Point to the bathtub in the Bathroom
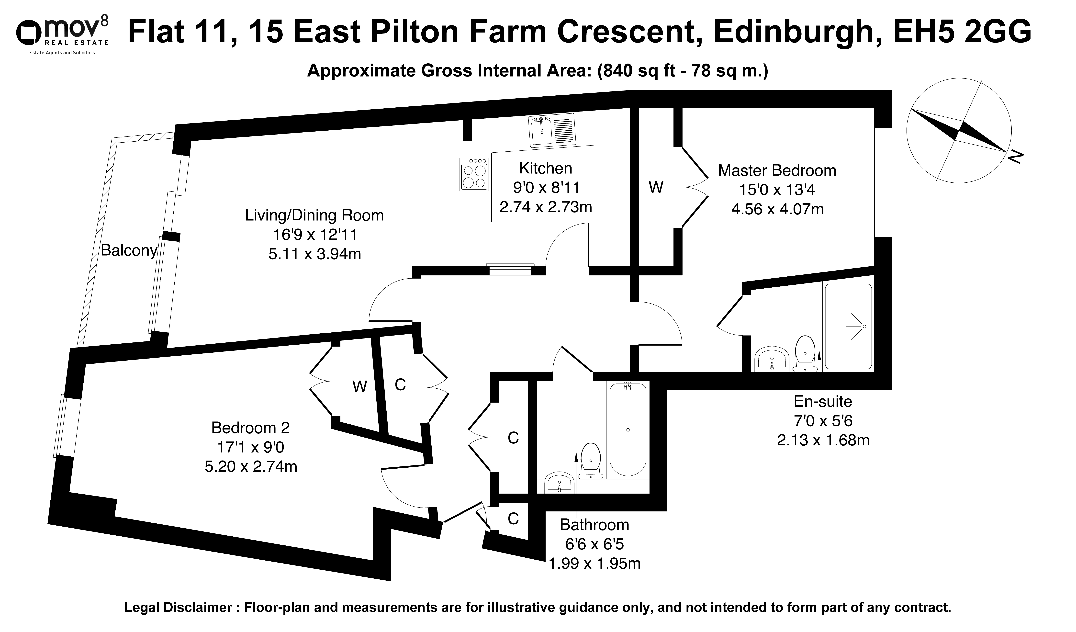[x=628, y=429]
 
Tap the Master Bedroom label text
[x=777, y=170]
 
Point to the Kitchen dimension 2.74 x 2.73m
[x=546, y=207]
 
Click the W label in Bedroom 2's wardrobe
[x=359, y=387]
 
